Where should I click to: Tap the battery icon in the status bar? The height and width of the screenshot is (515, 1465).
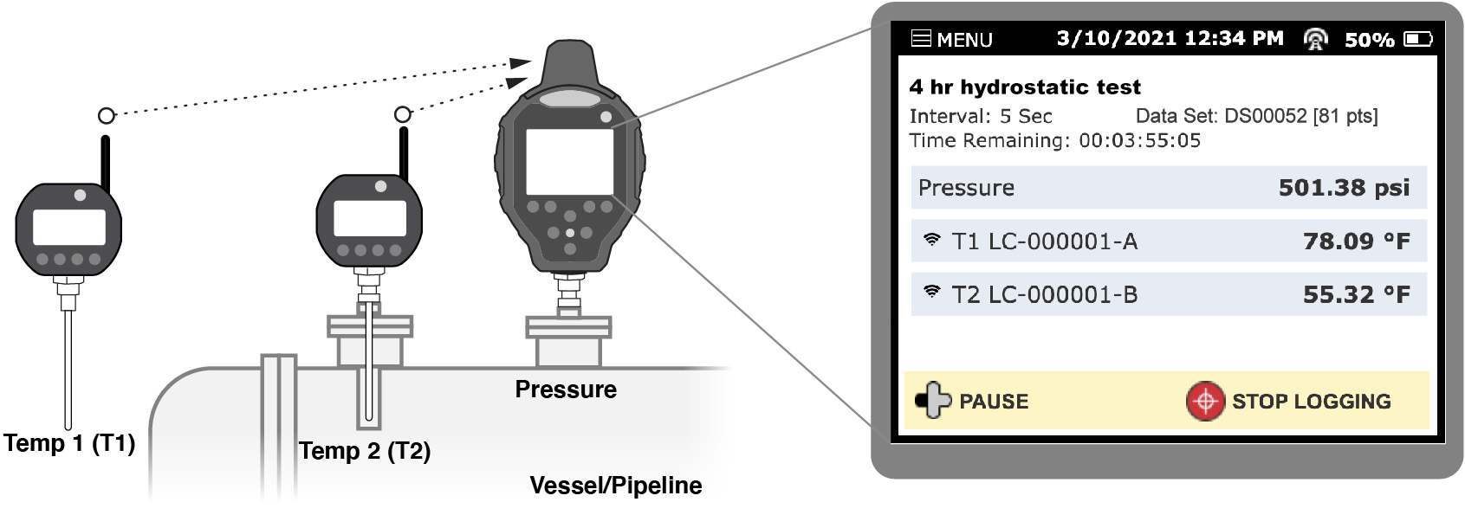pyautogui.click(x=1418, y=39)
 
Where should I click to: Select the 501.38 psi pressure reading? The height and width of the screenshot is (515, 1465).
pyautogui.click(x=1344, y=188)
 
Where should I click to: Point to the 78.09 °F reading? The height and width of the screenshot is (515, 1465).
pyautogui.click(x=1356, y=241)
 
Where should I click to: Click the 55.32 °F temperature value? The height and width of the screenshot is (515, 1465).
pyautogui.click(x=1356, y=295)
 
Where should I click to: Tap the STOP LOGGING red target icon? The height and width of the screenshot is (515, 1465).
pyautogui.click(x=1204, y=402)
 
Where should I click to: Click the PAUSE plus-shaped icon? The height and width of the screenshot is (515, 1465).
pyautogui.click(x=932, y=401)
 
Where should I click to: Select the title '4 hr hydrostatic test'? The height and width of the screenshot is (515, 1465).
pyautogui.click(x=1025, y=87)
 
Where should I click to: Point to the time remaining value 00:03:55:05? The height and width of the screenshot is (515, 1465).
pyautogui.click(x=1139, y=141)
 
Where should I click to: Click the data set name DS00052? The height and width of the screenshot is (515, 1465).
pyautogui.click(x=1265, y=116)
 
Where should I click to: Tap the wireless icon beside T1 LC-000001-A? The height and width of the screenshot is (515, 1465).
pyautogui.click(x=931, y=240)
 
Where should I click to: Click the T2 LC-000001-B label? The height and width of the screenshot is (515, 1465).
pyautogui.click(x=1044, y=295)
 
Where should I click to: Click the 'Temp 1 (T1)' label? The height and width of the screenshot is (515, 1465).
pyautogui.click(x=69, y=444)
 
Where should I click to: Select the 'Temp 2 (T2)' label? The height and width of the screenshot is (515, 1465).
pyautogui.click(x=365, y=451)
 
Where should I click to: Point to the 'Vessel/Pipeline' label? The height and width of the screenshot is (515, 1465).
pyautogui.click(x=615, y=486)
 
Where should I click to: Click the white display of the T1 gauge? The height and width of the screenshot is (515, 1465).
pyautogui.click(x=69, y=228)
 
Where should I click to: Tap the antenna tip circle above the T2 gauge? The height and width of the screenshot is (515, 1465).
pyautogui.click(x=402, y=115)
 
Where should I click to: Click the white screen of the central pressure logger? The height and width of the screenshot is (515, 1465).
pyautogui.click(x=569, y=162)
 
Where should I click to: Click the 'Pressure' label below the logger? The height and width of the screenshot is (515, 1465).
pyautogui.click(x=566, y=389)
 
